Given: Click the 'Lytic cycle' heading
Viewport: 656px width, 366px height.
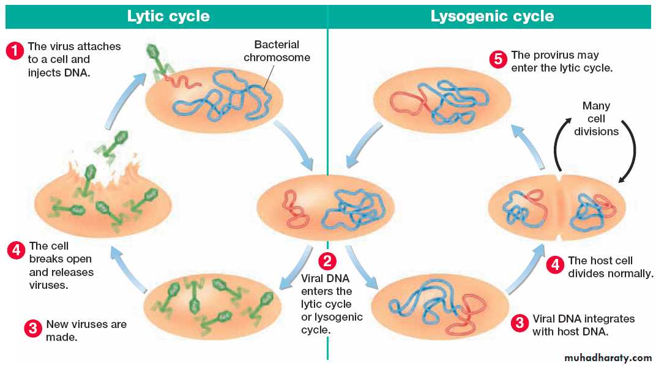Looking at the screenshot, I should pos(168,16).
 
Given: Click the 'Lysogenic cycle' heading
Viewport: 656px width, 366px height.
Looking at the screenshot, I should pos(492,16).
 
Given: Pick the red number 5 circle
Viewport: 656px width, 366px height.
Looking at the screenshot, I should pos(498,59).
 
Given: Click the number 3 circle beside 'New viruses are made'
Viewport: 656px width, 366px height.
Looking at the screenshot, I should pos(32,328).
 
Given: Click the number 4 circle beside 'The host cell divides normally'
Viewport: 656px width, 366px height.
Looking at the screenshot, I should pos(555,264).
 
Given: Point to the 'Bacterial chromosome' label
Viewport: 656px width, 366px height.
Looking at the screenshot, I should pos(277,51).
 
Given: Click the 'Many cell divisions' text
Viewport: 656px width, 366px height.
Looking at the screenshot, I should pos(596,119).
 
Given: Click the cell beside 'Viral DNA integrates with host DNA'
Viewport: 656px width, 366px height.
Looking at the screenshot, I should pos(439,305).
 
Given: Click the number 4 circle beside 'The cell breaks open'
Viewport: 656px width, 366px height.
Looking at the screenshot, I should pos(16,250).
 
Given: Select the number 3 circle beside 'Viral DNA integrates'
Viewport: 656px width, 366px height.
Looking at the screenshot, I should pos(520,323).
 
